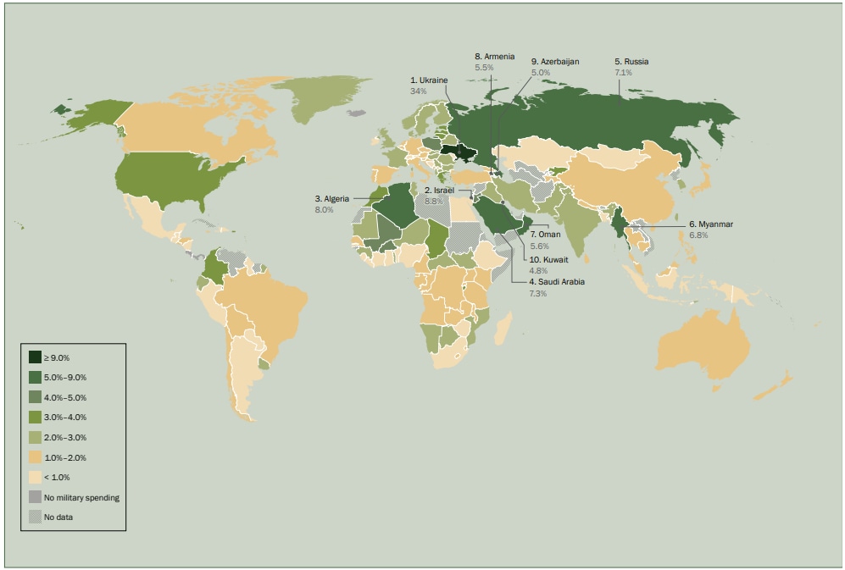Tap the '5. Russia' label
[631, 62]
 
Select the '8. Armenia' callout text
[494, 56]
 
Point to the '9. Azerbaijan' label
[554, 62]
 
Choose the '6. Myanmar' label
[710, 224]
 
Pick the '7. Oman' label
[545, 234]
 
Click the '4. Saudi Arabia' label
[557, 281]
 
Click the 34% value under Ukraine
[417, 90]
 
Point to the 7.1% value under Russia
[623, 73]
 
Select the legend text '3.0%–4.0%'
[64, 418]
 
